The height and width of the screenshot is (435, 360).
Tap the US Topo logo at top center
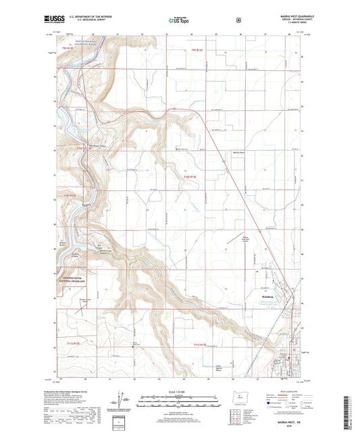pos(179,21)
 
